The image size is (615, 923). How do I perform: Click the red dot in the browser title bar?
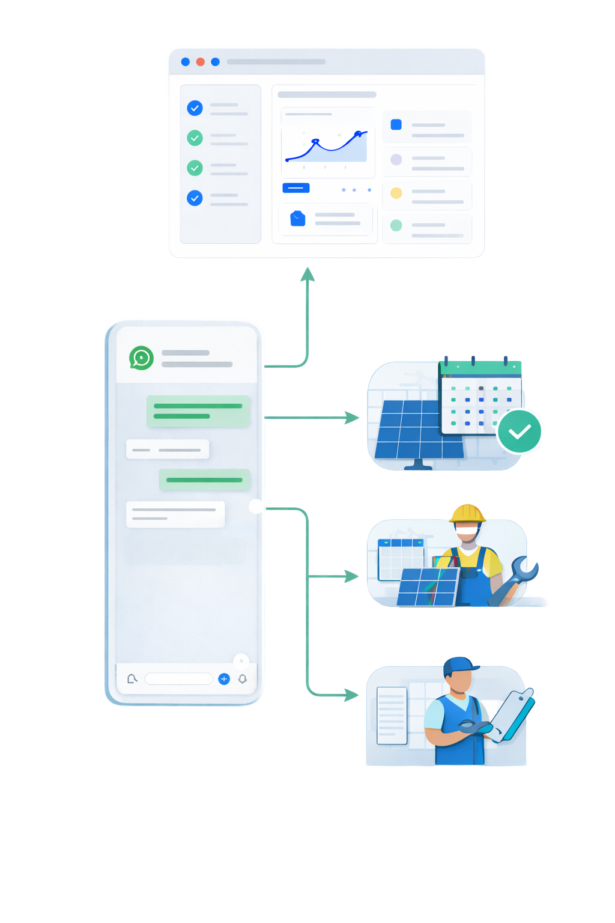pyautogui.click(x=201, y=62)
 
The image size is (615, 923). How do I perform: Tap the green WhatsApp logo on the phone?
pyautogui.click(x=141, y=358)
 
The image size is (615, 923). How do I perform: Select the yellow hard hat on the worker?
pyautogui.click(x=467, y=514)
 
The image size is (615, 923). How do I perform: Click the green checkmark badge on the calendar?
pyautogui.click(x=520, y=431)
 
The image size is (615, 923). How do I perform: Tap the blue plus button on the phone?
pyautogui.click(x=224, y=679)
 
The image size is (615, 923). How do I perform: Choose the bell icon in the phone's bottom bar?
pyautogui.click(x=132, y=679)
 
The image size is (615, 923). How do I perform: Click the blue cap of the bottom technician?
pyautogui.click(x=459, y=666)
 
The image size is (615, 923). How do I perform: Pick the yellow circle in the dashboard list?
pyautogui.click(x=396, y=193)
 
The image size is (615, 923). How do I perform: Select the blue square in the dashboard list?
pyautogui.click(x=396, y=124)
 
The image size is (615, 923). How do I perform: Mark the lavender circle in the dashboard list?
pyautogui.click(x=396, y=159)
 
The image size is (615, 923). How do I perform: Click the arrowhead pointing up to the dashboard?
pyautogui.click(x=307, y=275)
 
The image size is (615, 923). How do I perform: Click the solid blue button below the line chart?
pyautogui.click(x=296, y=188)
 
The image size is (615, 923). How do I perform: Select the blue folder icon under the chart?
pyautogui.click(x=298, y=219)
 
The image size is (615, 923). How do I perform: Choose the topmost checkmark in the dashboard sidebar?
pyautogui.click(x=195, y=108)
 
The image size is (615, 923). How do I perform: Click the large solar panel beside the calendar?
pyautogui.click(x=414, y=430)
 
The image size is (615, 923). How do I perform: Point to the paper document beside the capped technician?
pyautogui.click(x=392, y=715)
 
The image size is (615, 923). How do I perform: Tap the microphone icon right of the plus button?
pyautogui.click(x=243, y=679)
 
